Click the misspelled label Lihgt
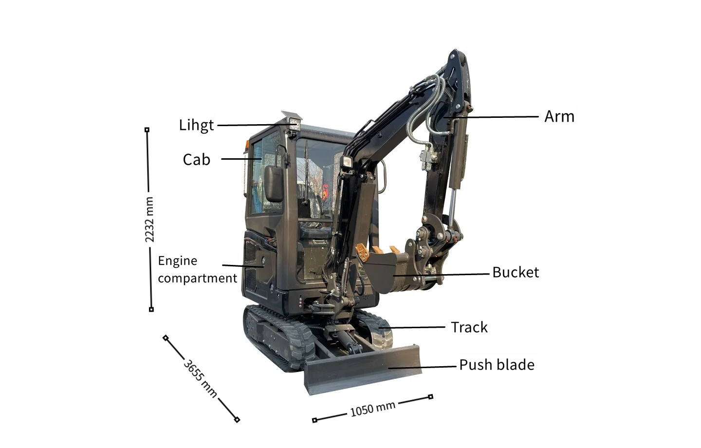196,125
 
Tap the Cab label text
196,160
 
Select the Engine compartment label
197,269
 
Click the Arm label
559,117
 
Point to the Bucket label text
515,272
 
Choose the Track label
469,327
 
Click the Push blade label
497,365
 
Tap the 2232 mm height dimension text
149,220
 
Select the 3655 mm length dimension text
200,378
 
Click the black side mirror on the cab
274,183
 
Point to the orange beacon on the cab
247,144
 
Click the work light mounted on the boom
348,163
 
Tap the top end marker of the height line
147,130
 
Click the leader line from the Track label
414,327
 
